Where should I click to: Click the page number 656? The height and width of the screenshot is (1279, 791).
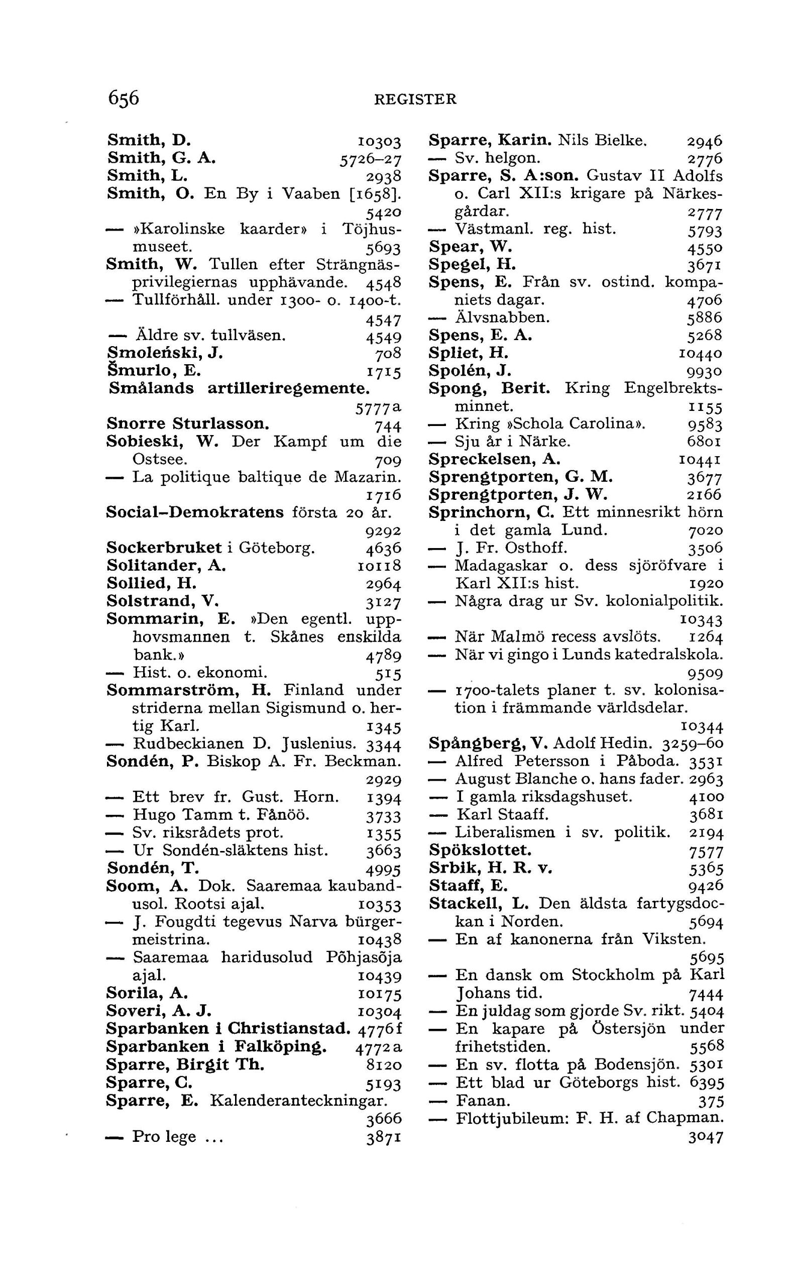point(124,98)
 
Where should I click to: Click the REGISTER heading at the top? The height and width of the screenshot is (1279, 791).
point(415,99)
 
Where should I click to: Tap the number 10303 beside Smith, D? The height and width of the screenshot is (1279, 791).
point(379,142)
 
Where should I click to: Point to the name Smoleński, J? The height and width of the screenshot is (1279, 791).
point(165,353)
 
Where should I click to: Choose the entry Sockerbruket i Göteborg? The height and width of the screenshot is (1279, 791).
point(210,548)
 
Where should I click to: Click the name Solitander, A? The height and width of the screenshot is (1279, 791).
point(166,566)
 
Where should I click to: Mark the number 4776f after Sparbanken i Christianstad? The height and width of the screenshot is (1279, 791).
point(380,1029)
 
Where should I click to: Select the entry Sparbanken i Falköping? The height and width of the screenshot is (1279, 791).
point(216,1047)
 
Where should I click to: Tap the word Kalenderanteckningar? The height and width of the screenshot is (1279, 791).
point(298,1101)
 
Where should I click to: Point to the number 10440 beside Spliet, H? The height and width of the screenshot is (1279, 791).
point(700,353)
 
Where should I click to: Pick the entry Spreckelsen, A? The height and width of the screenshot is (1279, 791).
point(494,460)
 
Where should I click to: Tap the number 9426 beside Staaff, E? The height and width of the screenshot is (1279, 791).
point(706,886)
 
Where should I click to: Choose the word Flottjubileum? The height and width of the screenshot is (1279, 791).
point(510,1118)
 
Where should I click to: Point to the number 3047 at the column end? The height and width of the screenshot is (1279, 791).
point(706,1136)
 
